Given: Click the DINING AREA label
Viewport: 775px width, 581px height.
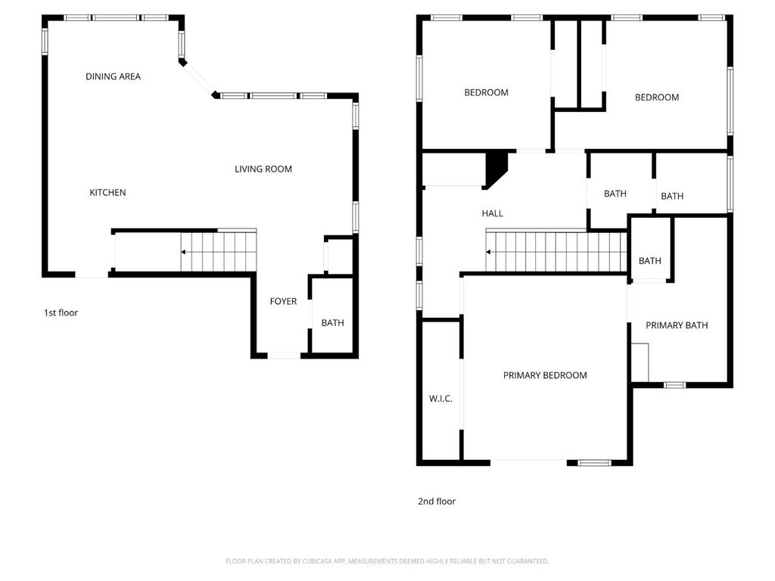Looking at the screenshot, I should point(113,76).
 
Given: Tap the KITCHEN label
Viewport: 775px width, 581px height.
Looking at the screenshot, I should point(107,193).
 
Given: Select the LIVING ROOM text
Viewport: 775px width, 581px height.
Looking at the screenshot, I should point(263,169).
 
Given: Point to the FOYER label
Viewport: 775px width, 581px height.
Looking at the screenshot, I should point(283,302).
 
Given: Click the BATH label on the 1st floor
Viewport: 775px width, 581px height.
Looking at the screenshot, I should point(332,323).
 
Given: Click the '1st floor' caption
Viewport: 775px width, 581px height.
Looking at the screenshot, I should point(61,312).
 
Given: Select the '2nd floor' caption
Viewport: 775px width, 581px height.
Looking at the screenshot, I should point(437,502).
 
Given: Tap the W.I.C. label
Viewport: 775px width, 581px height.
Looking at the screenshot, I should point(440,399).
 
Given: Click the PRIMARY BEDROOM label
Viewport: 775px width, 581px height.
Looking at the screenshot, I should point(545,375).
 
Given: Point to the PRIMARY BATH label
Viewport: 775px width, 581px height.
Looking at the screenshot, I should point(677,325).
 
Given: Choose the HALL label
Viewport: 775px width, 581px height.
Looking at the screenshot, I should point(492,214).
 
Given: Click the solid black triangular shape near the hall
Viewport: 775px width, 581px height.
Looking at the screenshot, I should point(495,166).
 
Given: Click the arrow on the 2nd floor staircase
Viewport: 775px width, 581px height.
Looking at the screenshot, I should point(489,252).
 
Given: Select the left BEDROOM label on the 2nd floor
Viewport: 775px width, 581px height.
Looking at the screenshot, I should point(486,93).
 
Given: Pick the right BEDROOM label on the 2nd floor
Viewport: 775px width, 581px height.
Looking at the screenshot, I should point(656,98).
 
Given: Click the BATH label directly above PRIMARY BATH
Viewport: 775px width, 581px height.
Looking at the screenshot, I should point(649,261).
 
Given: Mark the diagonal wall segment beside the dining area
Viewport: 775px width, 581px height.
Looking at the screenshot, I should point(199,79).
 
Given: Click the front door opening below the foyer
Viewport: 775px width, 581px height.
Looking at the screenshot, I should point(285,355).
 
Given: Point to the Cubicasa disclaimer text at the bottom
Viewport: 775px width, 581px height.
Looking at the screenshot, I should point(387,561).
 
